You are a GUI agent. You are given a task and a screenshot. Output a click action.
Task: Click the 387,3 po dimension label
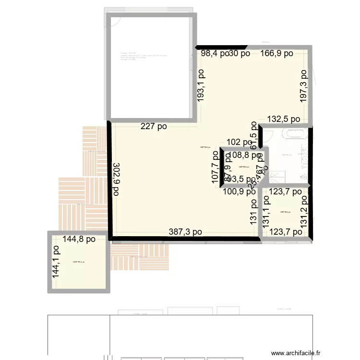point(185,232)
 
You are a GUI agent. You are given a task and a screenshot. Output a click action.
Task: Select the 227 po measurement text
point(154,127)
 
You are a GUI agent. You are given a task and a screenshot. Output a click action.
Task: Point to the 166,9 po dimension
point(276,54)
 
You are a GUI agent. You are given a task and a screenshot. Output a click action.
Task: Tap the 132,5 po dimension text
point(284,119)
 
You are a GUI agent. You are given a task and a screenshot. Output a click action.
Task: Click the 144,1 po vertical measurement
point(56,263)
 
